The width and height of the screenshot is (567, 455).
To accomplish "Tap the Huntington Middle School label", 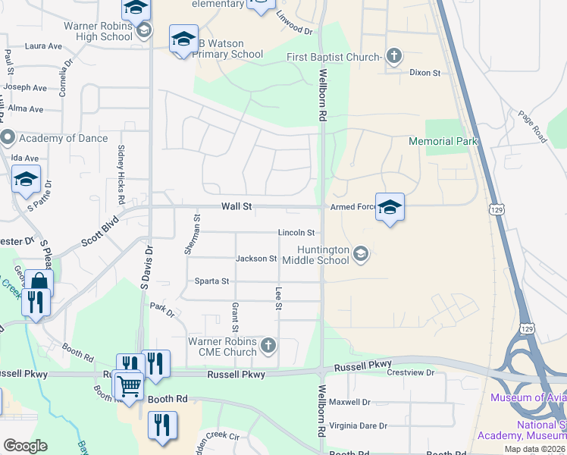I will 313,255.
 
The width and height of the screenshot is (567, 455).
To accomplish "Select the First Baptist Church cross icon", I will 393,56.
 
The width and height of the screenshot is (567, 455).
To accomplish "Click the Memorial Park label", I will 443,141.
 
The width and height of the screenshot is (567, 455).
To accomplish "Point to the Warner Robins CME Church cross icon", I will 268,347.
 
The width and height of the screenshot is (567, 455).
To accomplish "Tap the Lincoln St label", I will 296,233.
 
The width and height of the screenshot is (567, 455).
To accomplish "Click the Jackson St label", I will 255,259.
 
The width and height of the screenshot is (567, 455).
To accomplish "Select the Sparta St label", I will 213,281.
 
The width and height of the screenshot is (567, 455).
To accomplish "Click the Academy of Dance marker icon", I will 8,138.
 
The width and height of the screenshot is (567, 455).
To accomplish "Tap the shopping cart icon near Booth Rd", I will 130,385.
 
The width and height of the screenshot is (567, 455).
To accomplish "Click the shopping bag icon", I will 39,282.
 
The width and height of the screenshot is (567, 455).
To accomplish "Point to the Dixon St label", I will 424,73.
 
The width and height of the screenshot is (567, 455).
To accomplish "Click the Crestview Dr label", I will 410,373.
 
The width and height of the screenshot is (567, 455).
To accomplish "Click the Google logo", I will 25,446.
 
